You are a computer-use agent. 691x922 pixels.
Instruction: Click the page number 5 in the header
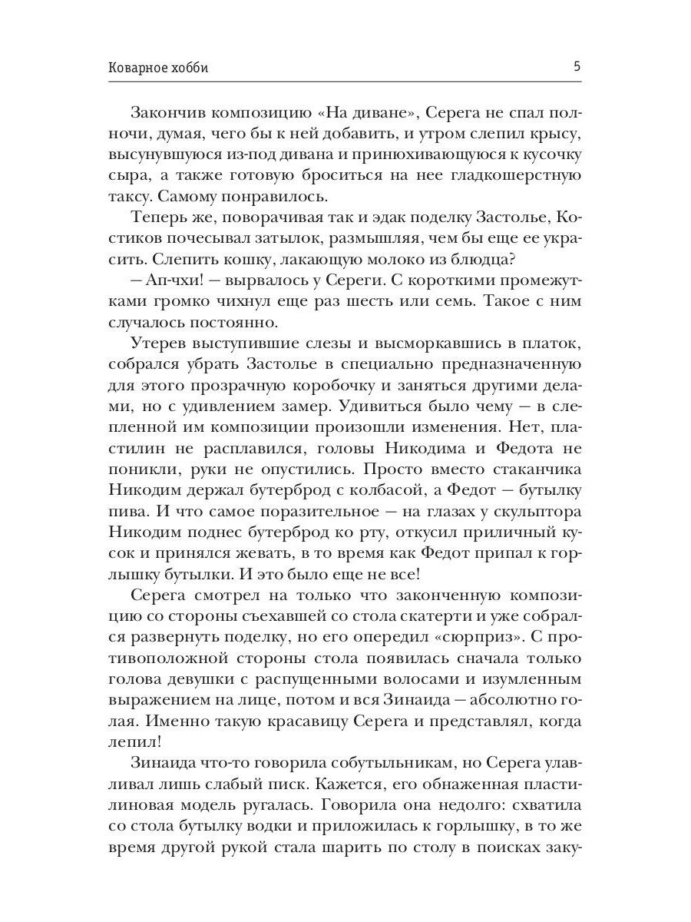pyautogui.click(x=577, y=67)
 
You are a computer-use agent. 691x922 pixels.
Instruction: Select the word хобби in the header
pyautogui.click(x=190, y=68)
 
